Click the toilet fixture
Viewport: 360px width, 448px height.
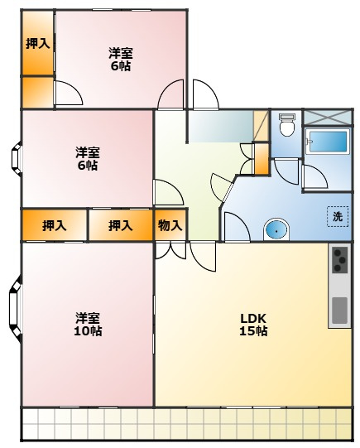pyautogui.click(x=287, y=125)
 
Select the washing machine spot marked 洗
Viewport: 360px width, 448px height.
pyautogui.click(x=338, y=216)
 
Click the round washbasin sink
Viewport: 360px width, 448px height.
pyautogui.click(x=276, y=229)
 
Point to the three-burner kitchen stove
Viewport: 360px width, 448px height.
pyautogui.click(x=340, y=259)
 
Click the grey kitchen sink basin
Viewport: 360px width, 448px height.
pyautogui.click(x=340, y=311)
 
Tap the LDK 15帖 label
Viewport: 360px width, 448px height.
pyautogui.click(x=253, y=325)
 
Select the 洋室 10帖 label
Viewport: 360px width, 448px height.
pyautogui.click(x=88, y=324)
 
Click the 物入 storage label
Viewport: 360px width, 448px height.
pyautogui.click(x=170, y=226)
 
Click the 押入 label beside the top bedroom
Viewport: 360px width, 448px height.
pyautogui.click(x=38, y=44)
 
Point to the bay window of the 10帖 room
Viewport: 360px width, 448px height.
pyautogui.click(x=16, y=309)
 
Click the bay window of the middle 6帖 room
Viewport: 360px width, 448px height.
pyautogui.click(x=17, y=158)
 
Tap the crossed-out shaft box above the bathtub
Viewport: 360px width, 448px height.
pyautogui.click(x=327, y=118)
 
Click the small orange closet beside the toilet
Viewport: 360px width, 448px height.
pyautogui.click(x=262, y=159)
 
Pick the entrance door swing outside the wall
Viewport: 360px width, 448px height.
pyautogui.click(x=205, y=94)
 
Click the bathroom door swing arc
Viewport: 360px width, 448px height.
pyautogui.click(x=314, y=176)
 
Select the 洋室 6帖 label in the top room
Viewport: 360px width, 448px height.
pyautogui.click(x=121, y=60)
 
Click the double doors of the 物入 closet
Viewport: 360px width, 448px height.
pyautogui.click(x=170, y=251)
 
